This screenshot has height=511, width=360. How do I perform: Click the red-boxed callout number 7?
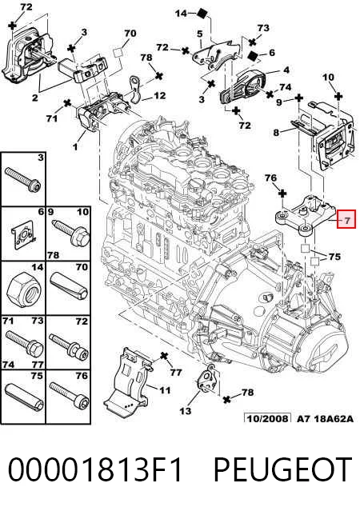coord(347,221)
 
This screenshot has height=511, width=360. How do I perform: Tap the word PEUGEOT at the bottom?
coord(282,469)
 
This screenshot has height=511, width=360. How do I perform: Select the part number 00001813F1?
coord(94,469)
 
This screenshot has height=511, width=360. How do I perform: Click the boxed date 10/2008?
coord(267,418)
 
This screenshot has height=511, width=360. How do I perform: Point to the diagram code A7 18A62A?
coord(325,418)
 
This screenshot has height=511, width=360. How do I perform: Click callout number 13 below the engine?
coord(186,410)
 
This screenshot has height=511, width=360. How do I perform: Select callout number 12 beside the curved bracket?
coord(160,95)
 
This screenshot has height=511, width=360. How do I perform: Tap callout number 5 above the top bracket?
coord(199,34)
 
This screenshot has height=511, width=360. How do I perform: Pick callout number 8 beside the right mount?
coord(276,132)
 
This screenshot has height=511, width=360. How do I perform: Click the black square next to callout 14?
coord(202,14)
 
